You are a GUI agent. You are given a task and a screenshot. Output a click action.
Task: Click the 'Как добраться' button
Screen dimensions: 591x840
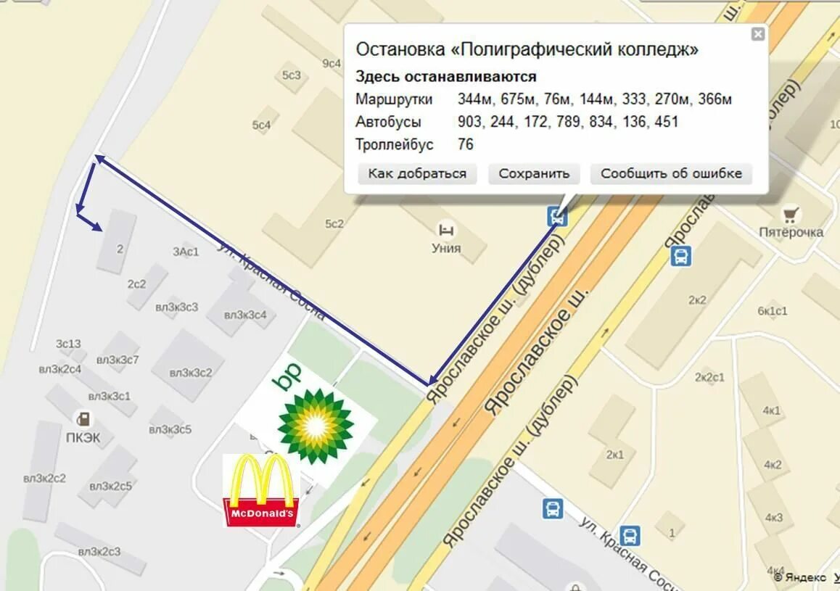(x=417, y=174)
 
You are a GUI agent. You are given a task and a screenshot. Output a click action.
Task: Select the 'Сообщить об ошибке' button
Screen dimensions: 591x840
(x=671, y=174)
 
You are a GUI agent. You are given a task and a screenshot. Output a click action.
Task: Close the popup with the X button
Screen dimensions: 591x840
(x=757, y=34)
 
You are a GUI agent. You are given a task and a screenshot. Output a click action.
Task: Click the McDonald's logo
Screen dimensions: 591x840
(x=260, y=490)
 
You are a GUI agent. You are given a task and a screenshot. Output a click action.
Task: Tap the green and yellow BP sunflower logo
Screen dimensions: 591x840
(x=315, y=425)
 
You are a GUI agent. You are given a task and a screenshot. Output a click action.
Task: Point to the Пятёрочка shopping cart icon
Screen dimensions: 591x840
(x=791, y=215)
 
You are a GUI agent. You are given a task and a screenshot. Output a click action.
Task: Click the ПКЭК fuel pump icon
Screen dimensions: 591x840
(x=84, y=418)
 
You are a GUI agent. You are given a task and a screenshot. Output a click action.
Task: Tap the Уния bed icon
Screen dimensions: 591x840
(x=446, y=231)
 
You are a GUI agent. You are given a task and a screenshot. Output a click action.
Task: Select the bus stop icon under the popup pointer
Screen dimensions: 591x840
(x=556, y=215)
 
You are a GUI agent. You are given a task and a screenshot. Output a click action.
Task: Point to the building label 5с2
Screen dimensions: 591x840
(x=334, y=224)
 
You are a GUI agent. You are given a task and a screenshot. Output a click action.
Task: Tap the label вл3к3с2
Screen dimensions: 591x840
(x=191, y=373)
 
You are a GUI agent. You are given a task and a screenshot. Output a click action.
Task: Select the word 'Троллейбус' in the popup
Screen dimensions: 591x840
(x=394, y=144)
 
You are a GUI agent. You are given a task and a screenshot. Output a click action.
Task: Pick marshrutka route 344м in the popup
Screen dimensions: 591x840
(x=475, y=99)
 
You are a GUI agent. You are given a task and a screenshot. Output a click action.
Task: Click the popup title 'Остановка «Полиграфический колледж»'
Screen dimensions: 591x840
(x=527, y=49)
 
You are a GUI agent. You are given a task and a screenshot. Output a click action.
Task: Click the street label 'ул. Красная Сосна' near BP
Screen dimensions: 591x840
(x=273, y=281)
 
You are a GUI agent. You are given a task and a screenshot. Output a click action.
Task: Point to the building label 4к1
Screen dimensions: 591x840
(x=772, y=410)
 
